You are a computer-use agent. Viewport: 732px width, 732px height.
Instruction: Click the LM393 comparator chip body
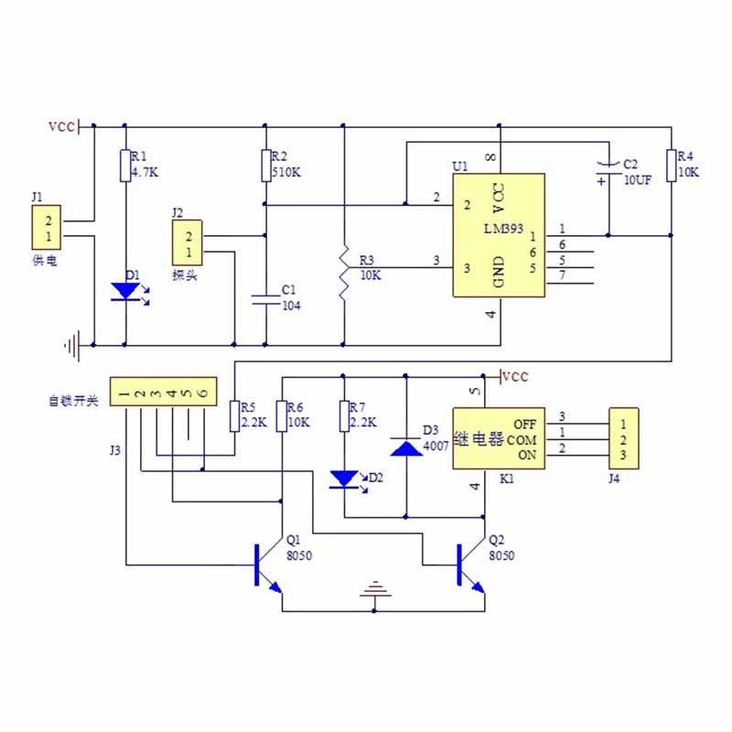pos(499,234)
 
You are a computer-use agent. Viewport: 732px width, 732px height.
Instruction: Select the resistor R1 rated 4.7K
pos(125,167)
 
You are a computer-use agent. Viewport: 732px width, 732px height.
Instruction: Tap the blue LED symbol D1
pos(125,291)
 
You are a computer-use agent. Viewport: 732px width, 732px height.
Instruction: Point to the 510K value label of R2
pos(285,171)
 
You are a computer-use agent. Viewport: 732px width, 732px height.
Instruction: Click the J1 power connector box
pos(48,229)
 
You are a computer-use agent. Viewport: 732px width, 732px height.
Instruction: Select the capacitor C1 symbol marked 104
pos(264,298)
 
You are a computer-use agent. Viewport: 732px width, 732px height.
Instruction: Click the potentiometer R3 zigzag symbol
pos(343,273)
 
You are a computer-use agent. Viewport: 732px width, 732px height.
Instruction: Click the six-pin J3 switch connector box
pos(164,393)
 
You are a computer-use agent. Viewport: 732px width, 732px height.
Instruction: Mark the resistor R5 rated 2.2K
pos(235,415)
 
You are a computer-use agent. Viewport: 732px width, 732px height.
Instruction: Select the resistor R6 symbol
pos(283,415)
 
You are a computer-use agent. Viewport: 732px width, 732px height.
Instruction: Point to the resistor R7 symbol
pos(344,415)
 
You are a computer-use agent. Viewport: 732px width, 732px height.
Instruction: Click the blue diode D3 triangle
pos(405,447)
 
